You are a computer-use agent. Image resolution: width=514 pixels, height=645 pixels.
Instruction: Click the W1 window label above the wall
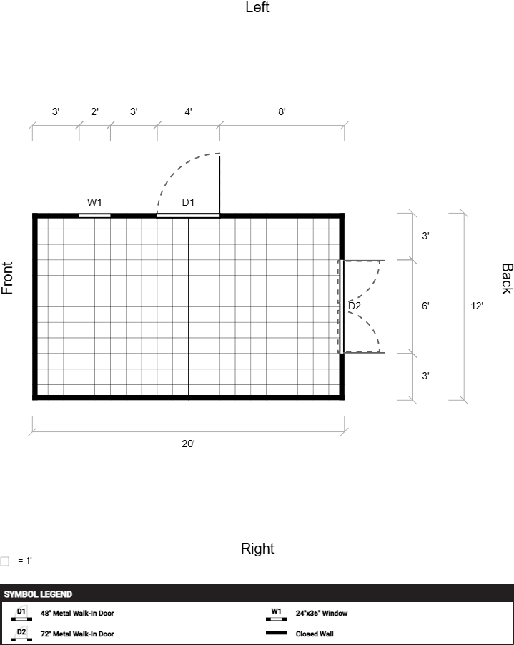pos(94,202)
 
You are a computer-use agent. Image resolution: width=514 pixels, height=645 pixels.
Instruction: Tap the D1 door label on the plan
pos(188,202)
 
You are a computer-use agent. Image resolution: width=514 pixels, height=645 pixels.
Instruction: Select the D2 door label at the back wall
pos(355,306)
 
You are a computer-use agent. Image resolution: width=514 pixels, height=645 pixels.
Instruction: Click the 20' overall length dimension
pos(188,444)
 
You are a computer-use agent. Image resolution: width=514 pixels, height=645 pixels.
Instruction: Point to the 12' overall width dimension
pos(477,306)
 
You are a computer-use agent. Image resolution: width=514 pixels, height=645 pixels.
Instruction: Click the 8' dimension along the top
pos(282,111)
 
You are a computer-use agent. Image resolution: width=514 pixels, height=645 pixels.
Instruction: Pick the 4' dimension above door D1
pos(188,111)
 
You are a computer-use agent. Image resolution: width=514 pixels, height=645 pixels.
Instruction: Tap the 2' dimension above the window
pos(94,111)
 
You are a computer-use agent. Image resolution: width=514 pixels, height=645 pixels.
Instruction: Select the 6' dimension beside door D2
pos(425,306)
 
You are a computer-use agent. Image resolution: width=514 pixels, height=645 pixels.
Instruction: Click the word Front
pos(7,278)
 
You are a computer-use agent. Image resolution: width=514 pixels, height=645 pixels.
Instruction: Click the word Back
pos(507,279)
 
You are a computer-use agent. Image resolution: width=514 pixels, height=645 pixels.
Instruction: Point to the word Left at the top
pos(257,7)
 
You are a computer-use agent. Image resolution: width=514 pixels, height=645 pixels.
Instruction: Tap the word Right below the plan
pos(257,549)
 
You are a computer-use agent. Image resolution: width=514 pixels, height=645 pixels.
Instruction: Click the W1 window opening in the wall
pos(95,216)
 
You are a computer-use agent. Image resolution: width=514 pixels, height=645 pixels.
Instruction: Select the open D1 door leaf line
pos(219,184)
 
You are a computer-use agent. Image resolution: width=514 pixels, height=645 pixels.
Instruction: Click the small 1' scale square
pos(4,561)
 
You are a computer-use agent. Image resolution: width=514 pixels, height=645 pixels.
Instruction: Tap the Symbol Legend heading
pos(38,594)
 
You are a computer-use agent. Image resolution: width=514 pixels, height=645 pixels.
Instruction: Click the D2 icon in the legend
pos(21,634)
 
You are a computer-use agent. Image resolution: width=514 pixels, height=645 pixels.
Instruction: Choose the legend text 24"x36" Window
pos(322,613)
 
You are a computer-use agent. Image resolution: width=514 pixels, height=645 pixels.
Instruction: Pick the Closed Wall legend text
pos(315,634)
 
